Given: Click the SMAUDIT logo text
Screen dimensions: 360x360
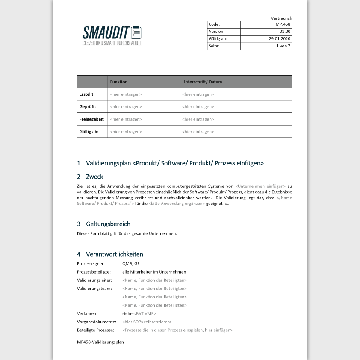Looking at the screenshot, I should (x=106, y=32).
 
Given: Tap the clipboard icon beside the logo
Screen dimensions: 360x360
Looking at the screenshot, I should (x=136, y=32).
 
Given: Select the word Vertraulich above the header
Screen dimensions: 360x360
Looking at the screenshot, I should (x=281, y=18).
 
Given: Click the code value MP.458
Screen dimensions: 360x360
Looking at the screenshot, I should (x=283, y=24).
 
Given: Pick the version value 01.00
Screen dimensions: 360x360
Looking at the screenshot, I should (x=285, y=32).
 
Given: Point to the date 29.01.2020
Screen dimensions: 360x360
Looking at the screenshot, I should (x=280, y=39).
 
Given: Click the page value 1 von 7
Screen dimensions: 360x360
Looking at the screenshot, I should (x=283, y=46).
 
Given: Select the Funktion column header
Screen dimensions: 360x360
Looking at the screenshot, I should (x=119, y=82).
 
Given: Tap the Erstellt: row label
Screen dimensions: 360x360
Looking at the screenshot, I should (x=87, y=94).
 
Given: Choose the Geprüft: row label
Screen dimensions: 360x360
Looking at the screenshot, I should (x=88, y=106).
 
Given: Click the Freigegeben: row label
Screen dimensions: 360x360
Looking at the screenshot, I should (x=92, y=119).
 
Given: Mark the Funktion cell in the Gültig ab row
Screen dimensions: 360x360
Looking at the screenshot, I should (x=126, y=132).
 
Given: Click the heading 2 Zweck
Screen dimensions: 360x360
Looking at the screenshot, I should (x=90, y=177).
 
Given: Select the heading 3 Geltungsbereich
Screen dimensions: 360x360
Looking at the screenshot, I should (x=104, y=224).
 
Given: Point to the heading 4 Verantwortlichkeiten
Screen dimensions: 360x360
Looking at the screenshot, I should (x=110, y=254).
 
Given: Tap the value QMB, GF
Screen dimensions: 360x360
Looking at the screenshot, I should (x=131, y=264).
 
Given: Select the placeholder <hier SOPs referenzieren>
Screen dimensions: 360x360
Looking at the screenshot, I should (x=147, y=322).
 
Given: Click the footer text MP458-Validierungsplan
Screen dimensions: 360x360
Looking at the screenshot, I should (x=100, y=342).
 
